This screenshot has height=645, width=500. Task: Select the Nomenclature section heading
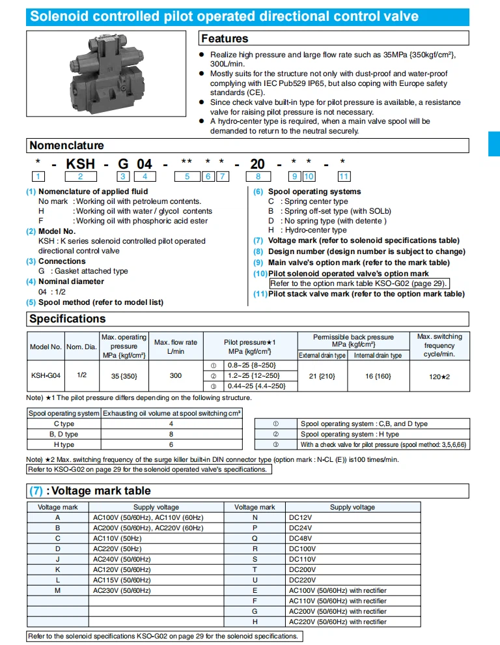click(66, 145)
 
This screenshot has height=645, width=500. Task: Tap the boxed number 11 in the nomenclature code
click(344, 177)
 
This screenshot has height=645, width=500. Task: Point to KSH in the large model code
click(81, 164)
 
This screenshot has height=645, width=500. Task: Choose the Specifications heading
click(67, 319)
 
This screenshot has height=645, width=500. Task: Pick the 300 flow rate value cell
click(175, 375)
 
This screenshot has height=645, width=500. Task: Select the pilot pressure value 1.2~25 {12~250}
click(254, 375)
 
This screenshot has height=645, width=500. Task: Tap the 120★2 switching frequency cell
click(439, 376)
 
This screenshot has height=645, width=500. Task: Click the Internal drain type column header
click(378, 355)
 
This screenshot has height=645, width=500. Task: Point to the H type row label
click(63, 444)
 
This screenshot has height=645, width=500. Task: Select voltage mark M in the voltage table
click(58, 590)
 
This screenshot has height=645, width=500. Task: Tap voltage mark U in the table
click(255, 580)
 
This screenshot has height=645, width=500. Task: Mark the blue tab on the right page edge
click(494, 143)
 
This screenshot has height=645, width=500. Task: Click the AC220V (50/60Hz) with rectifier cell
click(337, 622)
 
